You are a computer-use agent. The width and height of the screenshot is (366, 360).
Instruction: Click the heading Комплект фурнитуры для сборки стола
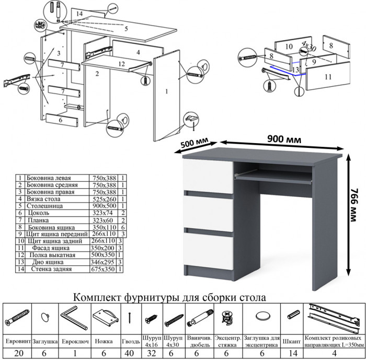170,297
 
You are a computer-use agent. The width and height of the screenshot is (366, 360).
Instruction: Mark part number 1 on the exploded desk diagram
166,92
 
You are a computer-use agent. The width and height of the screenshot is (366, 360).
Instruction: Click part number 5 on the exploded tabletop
126,29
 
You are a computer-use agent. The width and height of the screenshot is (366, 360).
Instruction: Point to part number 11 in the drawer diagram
328,77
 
